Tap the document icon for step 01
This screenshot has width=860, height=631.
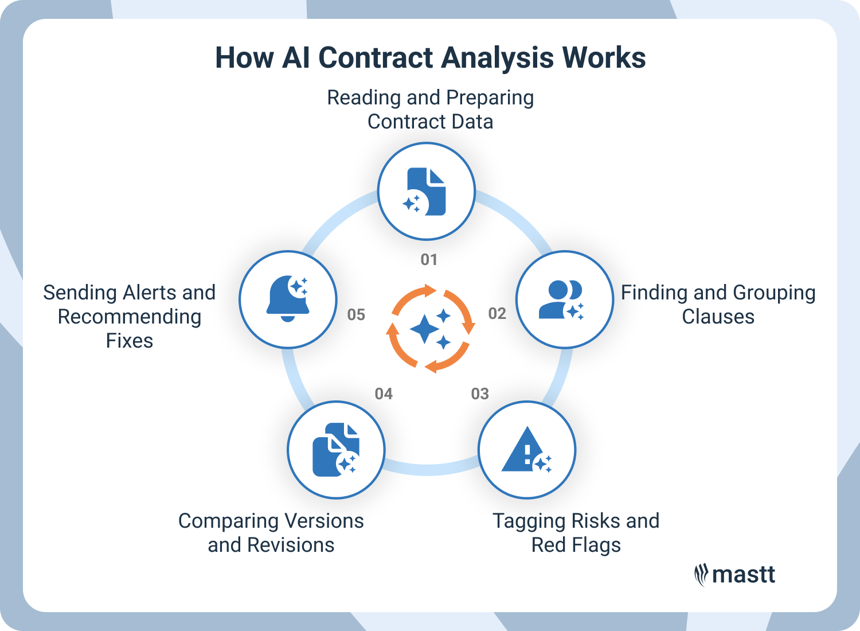click(x=427, y=191)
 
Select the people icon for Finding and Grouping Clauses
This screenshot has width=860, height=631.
click(x=562, y=299)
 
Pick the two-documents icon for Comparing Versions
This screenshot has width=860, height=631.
click(x=335, y=450)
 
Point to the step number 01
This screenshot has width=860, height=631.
click(x=429, y=260)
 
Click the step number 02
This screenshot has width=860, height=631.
click(x=497, y=314)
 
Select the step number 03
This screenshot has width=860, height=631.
click(x=480, y=394)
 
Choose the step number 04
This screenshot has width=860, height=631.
click(x=384, y=394)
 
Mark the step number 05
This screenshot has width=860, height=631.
click(x=356, y=315)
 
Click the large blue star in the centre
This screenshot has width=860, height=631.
click(x=425, y=329)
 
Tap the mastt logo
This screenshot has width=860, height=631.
click(x=734, y=575)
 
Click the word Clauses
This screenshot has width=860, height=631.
click(x=718, y=317)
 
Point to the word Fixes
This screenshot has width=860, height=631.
click(x=130, y=341)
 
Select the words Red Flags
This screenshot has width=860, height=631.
click(x=576, y=545)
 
